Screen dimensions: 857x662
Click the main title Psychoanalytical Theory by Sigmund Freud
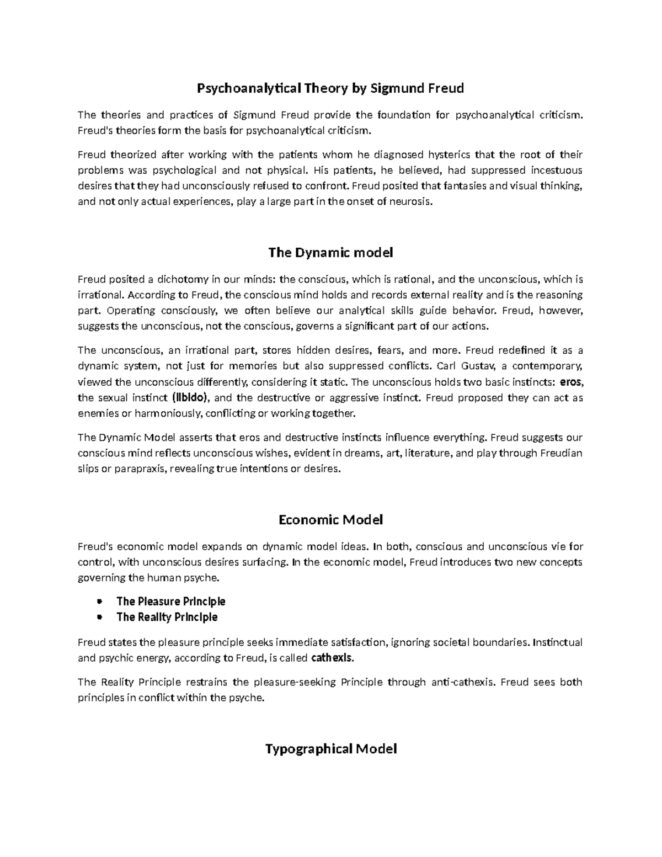[x=330, y=88]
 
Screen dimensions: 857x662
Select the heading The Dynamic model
[x=330, y=253]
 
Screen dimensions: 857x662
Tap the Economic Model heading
[x=330, y=520]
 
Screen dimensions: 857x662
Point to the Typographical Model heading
[x=330, y=749]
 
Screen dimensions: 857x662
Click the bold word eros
[x=570, y=382]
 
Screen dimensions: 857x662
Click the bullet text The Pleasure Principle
[x=170, y=602]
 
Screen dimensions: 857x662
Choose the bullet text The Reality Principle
[x=167, y=617]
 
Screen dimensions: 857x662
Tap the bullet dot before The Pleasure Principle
[x=99, y=602]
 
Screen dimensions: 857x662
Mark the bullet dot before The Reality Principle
[x=99, y=617]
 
